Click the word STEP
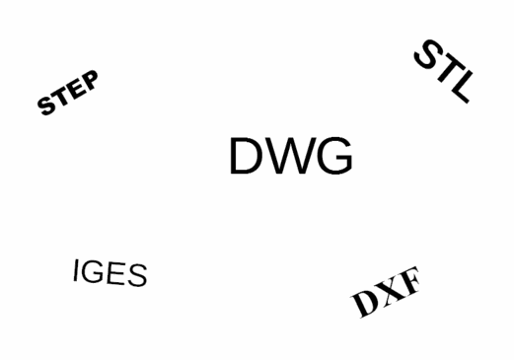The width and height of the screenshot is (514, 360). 68,94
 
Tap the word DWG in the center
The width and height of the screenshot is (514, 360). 290,157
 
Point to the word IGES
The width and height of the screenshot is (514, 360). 110,272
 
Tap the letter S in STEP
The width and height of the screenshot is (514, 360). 46,106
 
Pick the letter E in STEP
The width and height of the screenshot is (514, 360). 75,89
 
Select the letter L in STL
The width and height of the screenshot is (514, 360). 460,90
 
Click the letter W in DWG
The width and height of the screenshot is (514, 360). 289,157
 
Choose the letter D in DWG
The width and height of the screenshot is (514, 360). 247,157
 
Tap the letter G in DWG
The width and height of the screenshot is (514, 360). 332,157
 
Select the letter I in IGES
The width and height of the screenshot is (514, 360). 76,268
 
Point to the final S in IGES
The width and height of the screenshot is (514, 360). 136,276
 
